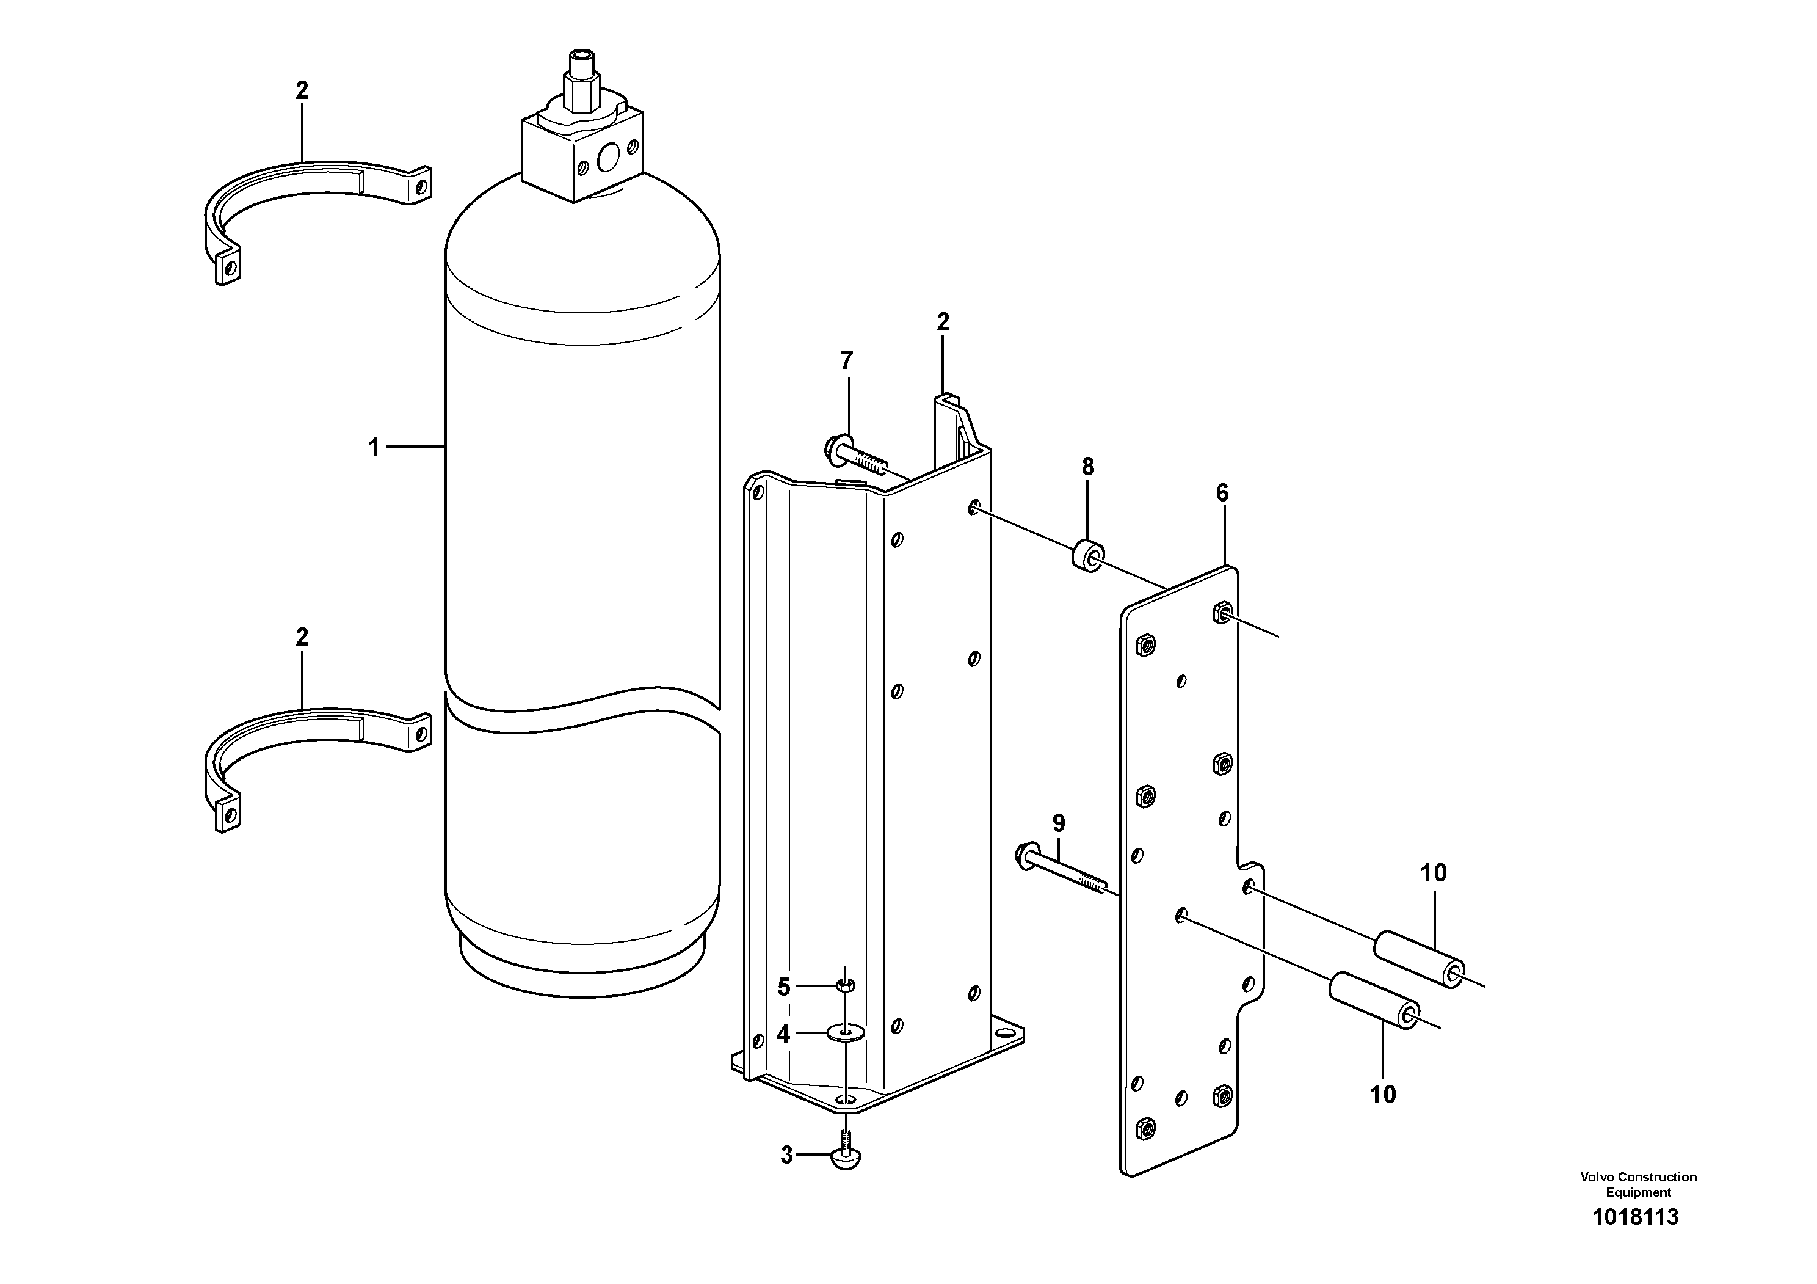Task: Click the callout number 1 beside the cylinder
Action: pos(374,448)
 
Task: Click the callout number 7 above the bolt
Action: pos(847,361)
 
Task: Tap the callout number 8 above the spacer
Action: pos(1088,467)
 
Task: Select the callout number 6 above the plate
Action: pos(1223,493)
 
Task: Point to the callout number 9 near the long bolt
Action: pos(1059,823)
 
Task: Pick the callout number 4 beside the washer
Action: pos(783,1034)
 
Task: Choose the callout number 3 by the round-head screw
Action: pos(786,1156)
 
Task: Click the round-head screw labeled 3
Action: pos(846,1159)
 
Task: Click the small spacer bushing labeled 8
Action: pos(1088,555)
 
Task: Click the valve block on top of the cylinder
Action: pos(582,155)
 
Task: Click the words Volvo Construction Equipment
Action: pos(1638,1184)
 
